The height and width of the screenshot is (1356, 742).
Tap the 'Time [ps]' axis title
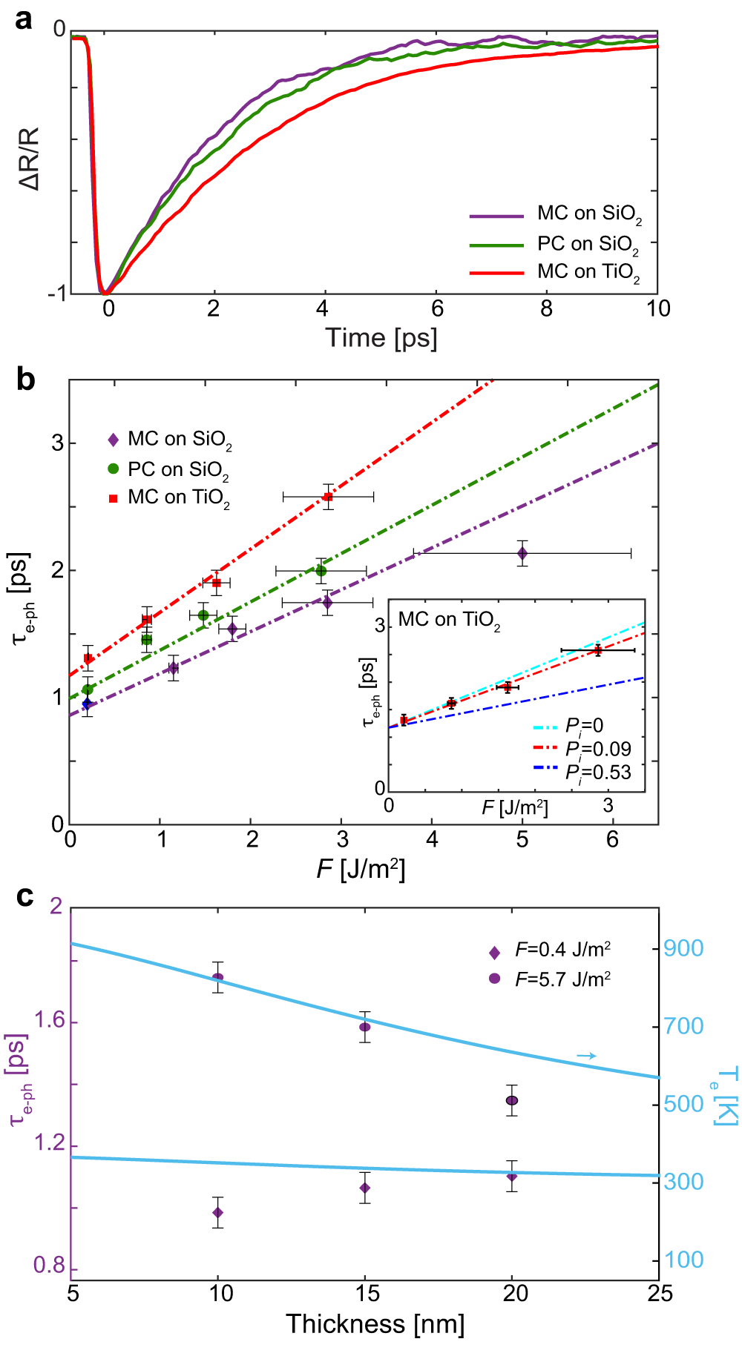(x=381, y=338)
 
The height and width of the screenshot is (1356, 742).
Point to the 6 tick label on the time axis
(x=437, y=309)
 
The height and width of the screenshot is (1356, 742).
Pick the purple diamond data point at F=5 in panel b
(x=522, y=553)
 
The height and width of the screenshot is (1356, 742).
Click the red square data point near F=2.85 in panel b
(x=328, y=497)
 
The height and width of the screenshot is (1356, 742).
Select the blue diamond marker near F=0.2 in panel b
(x=88, y=704)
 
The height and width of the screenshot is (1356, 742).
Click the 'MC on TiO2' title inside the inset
(x=449, y=619)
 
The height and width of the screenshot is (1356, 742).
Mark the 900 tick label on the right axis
(x=683, y=948)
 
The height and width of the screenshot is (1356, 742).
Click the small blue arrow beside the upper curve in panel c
(x=586, y=1056)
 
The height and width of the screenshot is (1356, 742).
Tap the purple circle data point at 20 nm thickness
(x=512, y=1100)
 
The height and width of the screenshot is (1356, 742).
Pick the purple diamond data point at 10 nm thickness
(x=218, y=1212)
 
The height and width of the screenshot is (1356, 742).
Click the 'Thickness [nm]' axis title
(x=375, y=1323)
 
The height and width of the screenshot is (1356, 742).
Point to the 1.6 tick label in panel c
(x=48, y=1022)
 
